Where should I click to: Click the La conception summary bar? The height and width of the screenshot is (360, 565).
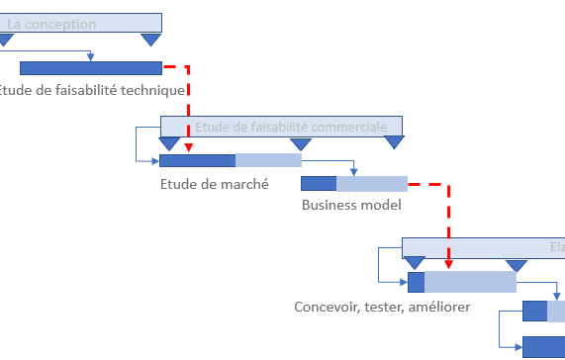point(79,23)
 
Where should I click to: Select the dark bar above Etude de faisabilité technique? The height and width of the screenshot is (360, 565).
point(90,68)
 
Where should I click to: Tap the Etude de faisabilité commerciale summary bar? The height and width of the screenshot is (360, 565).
point(281,127)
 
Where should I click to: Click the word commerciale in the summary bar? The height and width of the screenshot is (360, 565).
point(351,127)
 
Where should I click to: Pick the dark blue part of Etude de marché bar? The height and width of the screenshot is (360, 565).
point(197,160)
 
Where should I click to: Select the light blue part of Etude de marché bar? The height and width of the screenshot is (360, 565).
point(268,160)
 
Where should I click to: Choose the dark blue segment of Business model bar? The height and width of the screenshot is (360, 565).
point(319,183)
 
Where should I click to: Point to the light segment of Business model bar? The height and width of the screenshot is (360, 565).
point(372,183)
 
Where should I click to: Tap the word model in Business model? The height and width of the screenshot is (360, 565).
point(381,206)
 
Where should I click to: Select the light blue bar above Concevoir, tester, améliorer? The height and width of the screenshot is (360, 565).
point(470,282)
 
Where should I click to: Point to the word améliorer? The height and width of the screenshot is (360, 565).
point(436,307)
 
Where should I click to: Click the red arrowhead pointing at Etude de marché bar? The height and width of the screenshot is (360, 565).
point(188,148)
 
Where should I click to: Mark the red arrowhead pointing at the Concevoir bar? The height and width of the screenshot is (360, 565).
point(449,264)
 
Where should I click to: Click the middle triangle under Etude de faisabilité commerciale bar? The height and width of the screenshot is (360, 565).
point(301,144)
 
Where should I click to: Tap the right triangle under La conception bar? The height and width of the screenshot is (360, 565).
point(150,40)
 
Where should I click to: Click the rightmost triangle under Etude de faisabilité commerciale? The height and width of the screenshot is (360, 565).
point(395,143)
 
